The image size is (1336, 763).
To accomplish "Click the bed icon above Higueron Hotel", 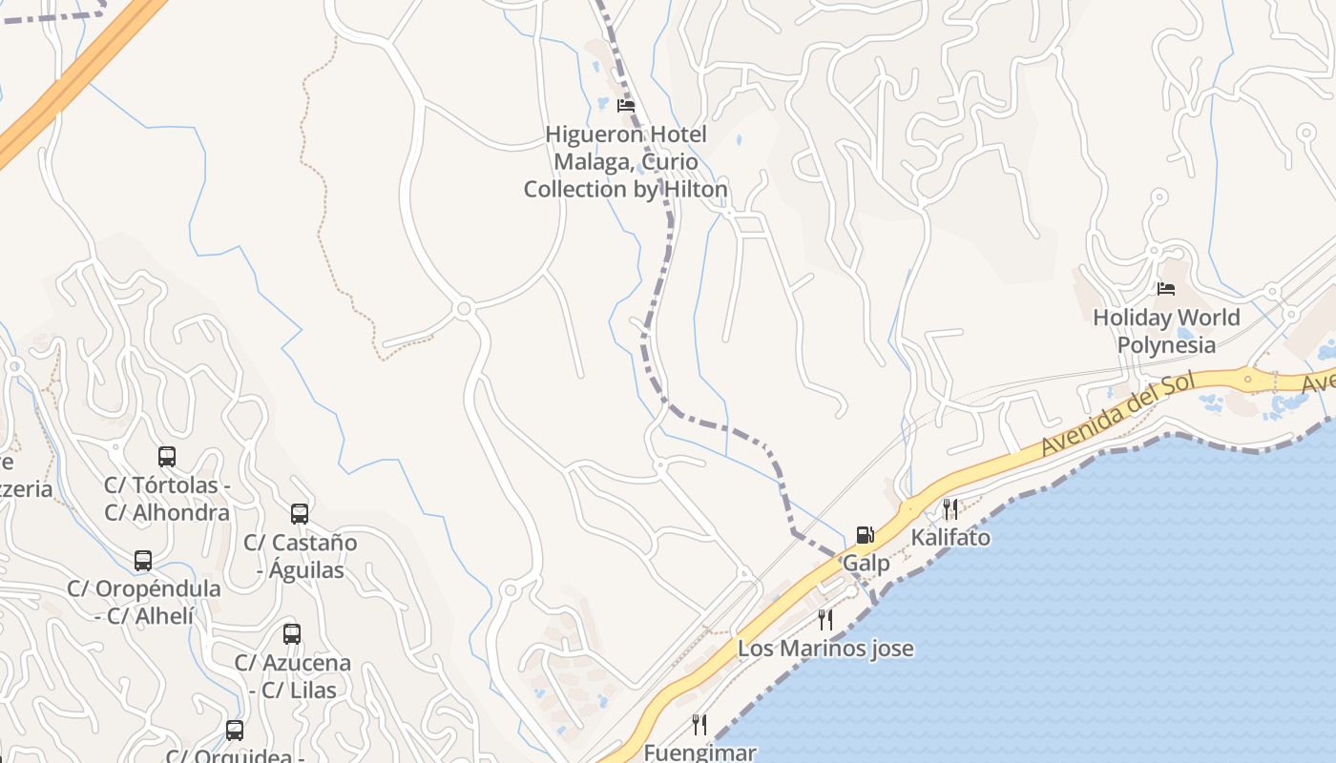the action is point(626,105).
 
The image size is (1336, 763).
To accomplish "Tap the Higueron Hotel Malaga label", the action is point(626,162).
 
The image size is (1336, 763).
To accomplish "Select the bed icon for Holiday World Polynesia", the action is point(1165,288).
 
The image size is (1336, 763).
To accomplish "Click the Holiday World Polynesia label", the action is point(1166,331).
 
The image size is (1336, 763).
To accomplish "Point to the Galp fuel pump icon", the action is point(865,535).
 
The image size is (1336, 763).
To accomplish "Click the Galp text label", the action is point(866,564).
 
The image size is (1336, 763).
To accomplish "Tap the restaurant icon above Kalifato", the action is point(950,508).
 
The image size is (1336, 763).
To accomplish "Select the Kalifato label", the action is point(950,538).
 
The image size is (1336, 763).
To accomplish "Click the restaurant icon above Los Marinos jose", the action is point(825,620).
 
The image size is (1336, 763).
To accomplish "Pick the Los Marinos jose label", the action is point(825,650).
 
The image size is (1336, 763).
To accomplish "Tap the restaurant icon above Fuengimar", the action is point(699,725).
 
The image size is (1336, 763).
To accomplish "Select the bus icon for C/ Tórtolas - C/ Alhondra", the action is point(167,457).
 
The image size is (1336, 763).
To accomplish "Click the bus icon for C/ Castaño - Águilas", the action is point(300,514).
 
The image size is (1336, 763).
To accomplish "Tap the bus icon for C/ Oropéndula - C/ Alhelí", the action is point(143,561).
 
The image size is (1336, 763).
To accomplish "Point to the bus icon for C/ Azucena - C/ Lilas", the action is point(292,634).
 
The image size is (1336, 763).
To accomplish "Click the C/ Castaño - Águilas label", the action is point(301,556).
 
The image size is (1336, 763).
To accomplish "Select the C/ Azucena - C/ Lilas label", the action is point(293,675).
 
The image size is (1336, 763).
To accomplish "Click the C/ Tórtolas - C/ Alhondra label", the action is point(167,499).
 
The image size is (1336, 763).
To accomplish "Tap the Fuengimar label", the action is point(699,753).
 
